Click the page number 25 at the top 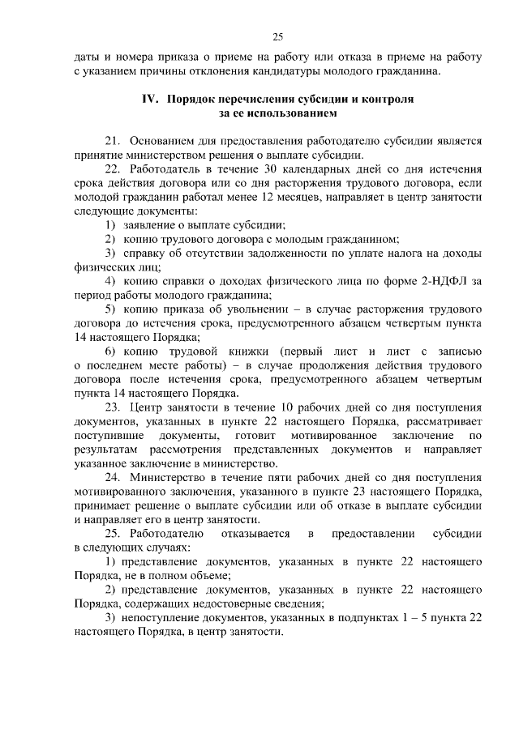277,36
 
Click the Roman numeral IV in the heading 151,99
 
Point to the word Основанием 161,140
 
